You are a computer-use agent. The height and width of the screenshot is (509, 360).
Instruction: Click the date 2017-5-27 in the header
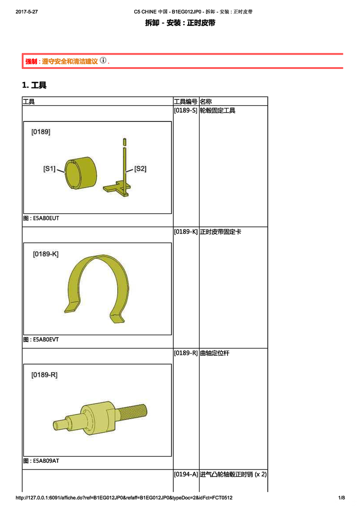point(27,12)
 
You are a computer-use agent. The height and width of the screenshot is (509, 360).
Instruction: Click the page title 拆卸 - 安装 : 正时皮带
point(180,23)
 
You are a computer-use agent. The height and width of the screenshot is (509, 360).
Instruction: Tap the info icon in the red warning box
point(103,60)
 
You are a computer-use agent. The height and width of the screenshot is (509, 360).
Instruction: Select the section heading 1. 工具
point(34,85)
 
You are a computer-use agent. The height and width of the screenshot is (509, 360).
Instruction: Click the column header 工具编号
point(186,101)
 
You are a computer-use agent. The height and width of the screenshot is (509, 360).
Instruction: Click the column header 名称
point(206,101)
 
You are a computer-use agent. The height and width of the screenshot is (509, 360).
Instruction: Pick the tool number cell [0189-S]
point(186,111)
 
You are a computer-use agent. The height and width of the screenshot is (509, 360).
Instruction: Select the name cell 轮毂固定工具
point(218,111)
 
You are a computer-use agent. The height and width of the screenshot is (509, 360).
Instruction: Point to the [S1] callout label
point(49,169)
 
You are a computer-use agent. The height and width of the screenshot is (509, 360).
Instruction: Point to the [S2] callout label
point(140,169)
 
